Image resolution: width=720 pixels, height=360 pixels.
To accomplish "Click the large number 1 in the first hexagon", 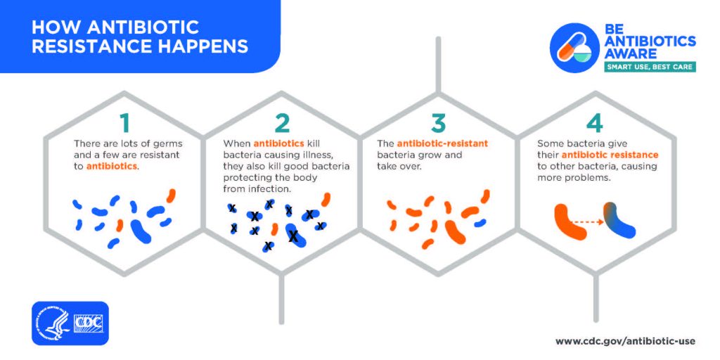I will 125,123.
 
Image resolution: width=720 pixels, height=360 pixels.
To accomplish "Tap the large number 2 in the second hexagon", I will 282,123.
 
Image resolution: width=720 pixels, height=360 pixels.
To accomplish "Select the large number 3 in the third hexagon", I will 439,123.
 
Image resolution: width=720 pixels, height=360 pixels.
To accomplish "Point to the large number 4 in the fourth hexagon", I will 595,123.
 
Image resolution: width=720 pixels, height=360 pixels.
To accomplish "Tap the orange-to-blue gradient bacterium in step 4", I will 618,220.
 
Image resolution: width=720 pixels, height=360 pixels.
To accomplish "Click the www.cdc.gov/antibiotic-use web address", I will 624,341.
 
